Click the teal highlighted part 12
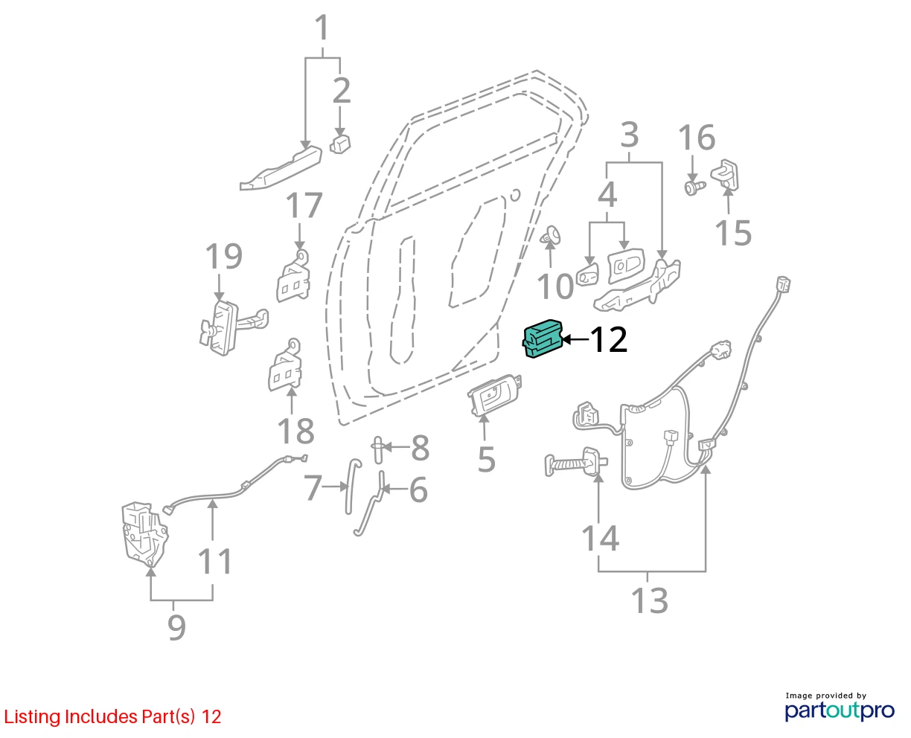point(542,338)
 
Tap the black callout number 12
point(609,340)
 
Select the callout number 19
point(224,256)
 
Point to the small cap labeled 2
point(340,144)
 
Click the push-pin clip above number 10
point(552,235)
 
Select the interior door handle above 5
point(495,396)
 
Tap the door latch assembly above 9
point(144,533)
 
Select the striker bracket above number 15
point(725,174)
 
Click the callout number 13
point(649,601)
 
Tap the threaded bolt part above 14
point(576,462)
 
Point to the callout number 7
point(313,488)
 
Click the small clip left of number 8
point(377,450)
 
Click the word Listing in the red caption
point(33,717)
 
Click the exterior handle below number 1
point(281,168)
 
